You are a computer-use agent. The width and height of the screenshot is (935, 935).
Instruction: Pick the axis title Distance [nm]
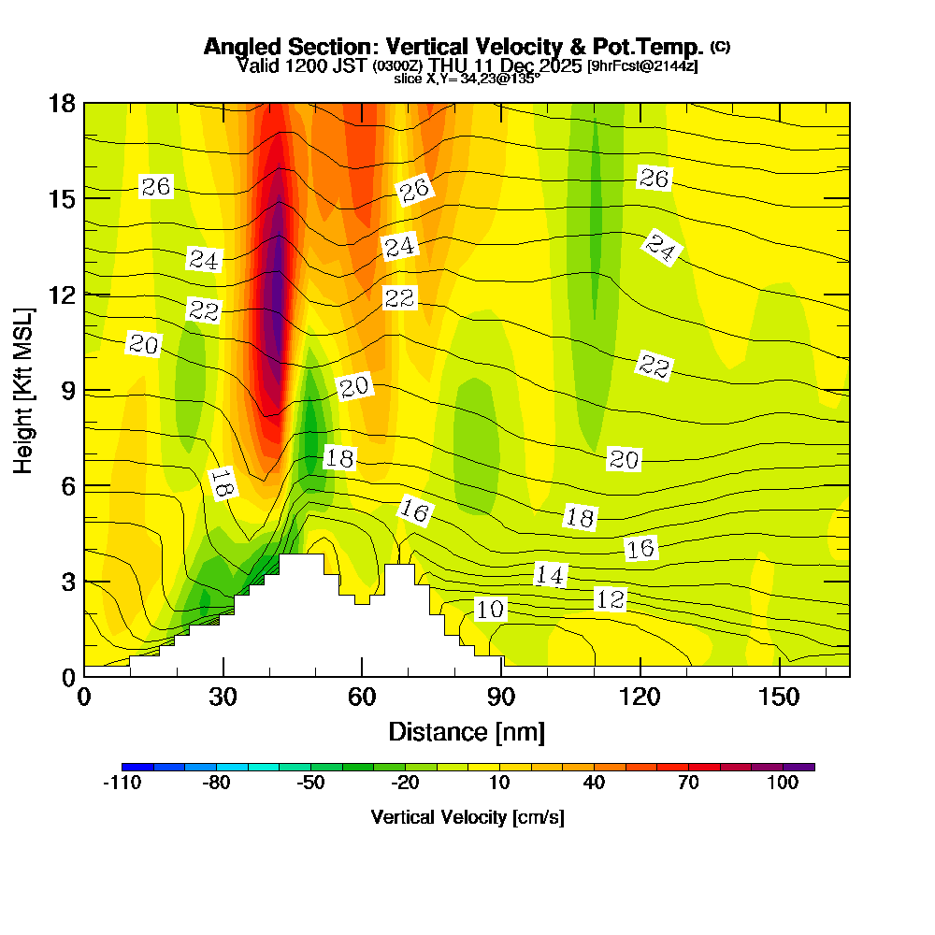(x=467, y=731)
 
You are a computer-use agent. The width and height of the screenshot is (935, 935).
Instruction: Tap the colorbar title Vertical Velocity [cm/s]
(x=467, y=817)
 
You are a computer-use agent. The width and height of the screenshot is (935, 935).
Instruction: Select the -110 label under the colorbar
(x=122, y=784)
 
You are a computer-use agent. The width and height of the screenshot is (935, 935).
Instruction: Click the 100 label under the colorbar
(x=784, y=784)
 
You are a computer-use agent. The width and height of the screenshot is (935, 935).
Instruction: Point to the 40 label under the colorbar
(x=594, y=784)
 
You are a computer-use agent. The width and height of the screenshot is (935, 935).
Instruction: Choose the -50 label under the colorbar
(x=310, y=784)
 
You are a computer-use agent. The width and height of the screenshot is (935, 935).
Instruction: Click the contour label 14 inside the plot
(x=550, y=575)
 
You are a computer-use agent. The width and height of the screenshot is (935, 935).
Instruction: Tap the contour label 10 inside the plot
(x=489, y=611)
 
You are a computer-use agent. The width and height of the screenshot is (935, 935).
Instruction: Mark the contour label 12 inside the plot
(x=610, y=599)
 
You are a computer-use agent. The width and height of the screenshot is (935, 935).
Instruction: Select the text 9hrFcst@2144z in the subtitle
(x=642, y=66)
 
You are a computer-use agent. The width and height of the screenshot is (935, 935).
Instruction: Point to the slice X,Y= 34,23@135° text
(x=467, y=79)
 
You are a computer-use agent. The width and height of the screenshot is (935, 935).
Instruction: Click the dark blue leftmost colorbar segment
(x=137, y=767)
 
